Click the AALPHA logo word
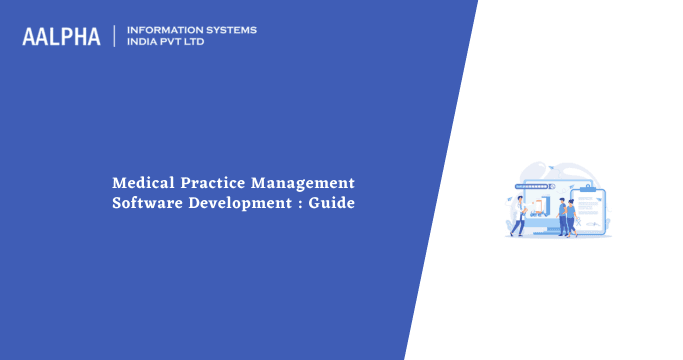point(62,37)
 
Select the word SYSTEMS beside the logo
point(229,30)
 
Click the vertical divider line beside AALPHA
point(114,36)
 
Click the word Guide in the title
point(334,204)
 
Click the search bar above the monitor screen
point(533,186)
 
